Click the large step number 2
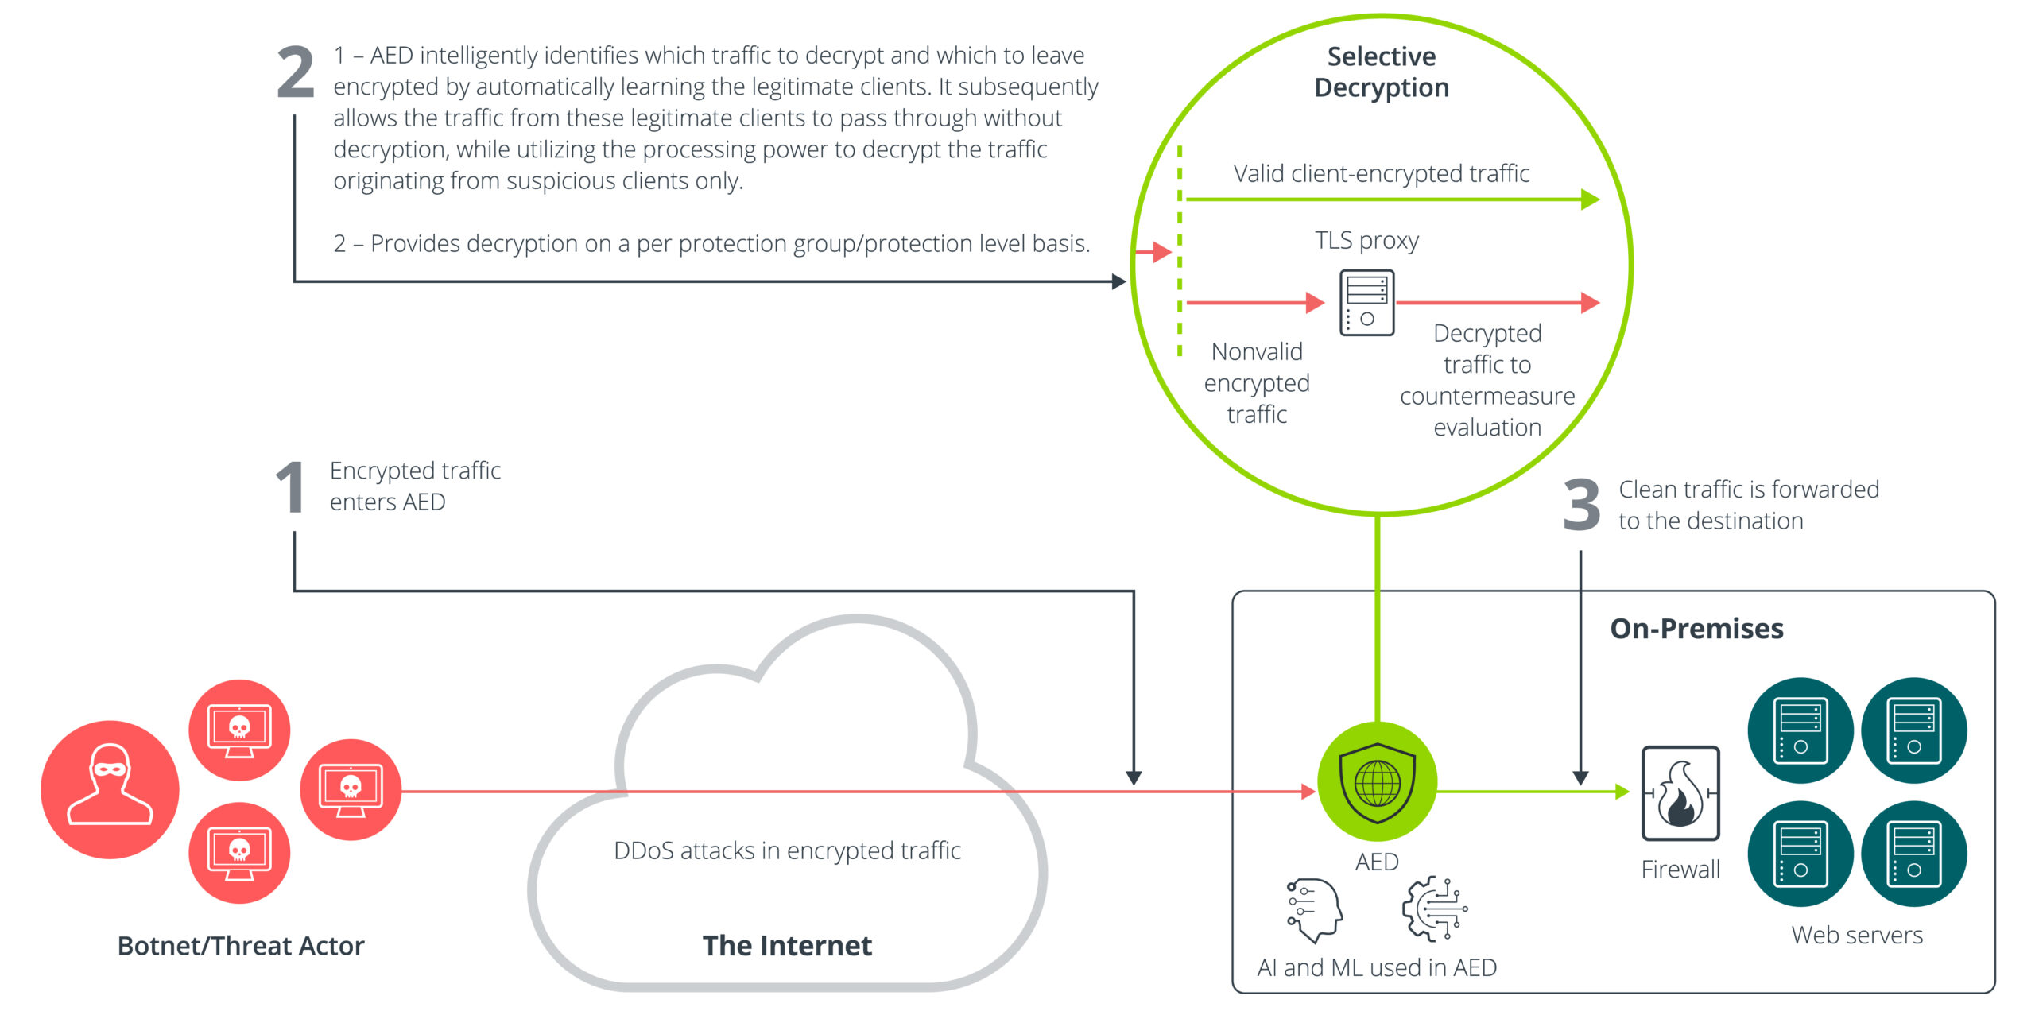295,73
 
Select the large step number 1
291,487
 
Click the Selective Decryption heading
1381,72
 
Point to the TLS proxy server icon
1366,303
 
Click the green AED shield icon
1377,782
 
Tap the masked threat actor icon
110,789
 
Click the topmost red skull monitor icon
239,730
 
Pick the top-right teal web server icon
1913,730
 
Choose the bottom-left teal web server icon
1800,853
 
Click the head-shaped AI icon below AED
1314,909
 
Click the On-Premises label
1696,629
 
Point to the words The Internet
787,945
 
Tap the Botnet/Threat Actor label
241,946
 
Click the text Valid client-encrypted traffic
1381,173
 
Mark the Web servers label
1857,935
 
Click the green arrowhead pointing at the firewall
1622,792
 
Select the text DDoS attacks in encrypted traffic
787,850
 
